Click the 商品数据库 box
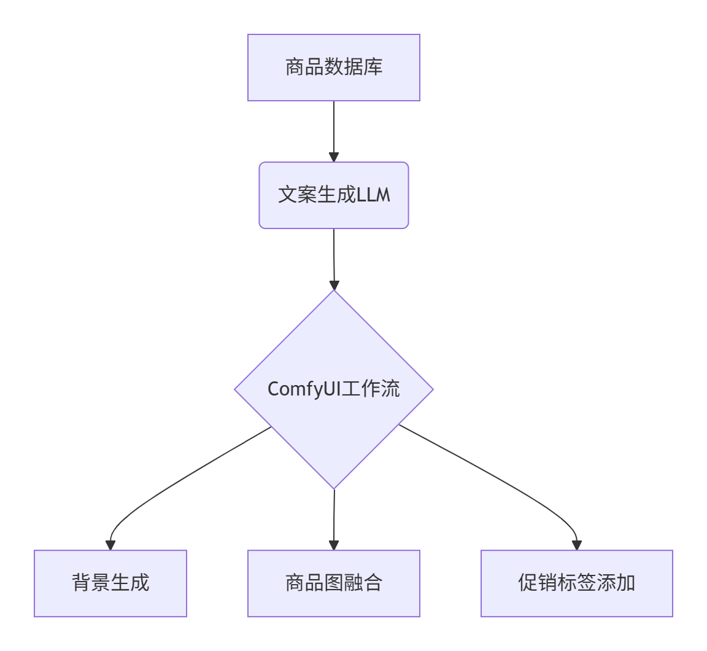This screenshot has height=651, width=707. point(333,68)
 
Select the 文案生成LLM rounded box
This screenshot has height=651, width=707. point(333,195)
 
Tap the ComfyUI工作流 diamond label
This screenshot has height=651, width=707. point(333,389)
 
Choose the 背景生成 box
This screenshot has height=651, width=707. point(110,583)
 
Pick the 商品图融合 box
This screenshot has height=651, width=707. point(333,583)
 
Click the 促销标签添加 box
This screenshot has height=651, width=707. point(576,583)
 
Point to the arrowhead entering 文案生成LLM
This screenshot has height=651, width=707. point(334,157)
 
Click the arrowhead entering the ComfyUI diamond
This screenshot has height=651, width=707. point(334,285)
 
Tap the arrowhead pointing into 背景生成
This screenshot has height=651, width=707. point(110,545)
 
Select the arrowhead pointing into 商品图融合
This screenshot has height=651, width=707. point(334,545)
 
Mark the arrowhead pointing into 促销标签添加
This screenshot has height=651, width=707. point(576,545)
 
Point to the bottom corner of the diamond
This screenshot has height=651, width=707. point(334,488)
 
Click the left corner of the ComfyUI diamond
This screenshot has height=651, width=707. point(236,389)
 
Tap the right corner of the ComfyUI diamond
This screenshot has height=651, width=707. point(432,389)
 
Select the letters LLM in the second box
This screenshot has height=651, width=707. point(373,195)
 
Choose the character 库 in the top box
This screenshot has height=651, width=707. point(373,67)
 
